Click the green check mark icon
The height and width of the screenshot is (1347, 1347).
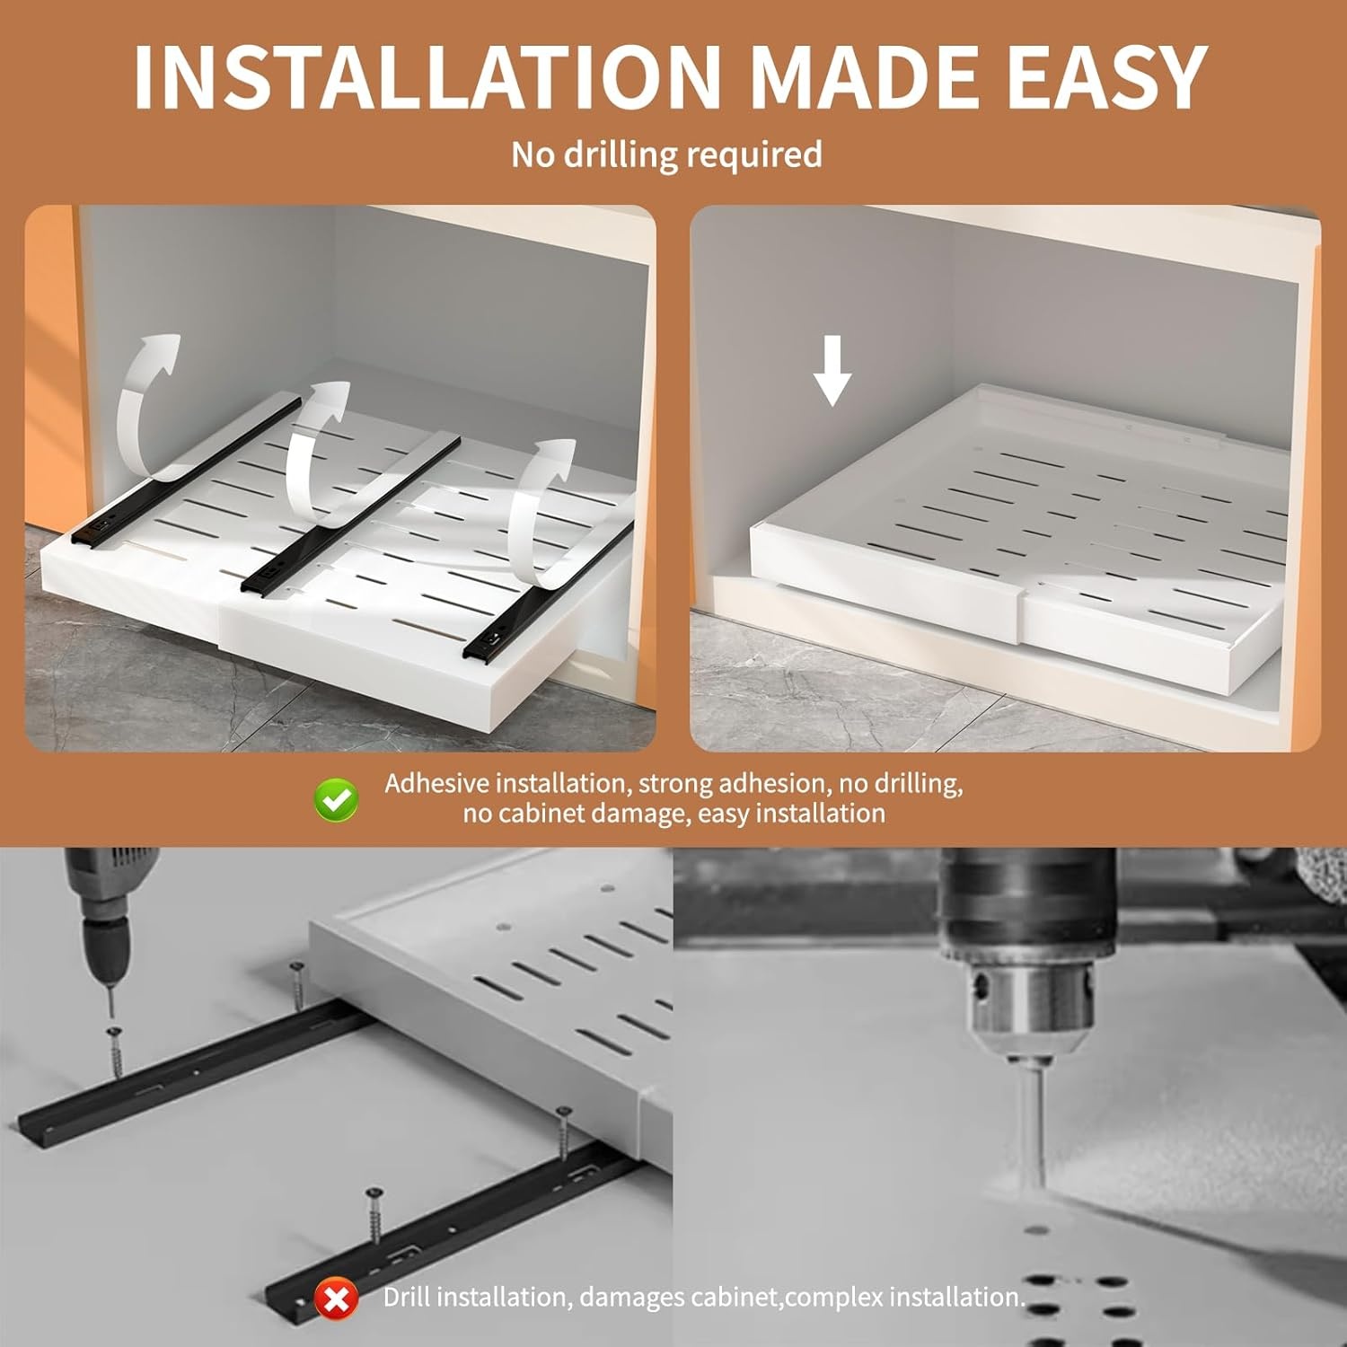click(x=337, y=798)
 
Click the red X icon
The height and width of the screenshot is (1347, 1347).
click(x=337, y=1299)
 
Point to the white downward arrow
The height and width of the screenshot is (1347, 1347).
click(x=832, y=369)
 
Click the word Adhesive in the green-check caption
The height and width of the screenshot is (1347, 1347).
click(x=437, y=783)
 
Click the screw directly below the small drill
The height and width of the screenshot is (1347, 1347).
click(x=115, y=1051)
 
